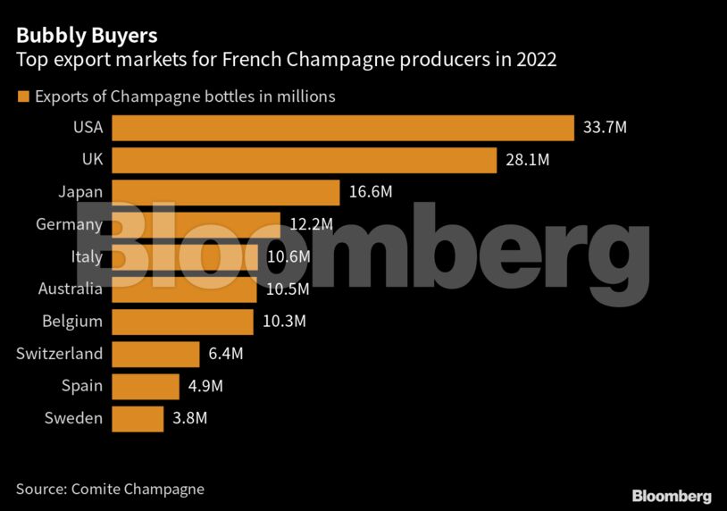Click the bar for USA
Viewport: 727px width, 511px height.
click(343, 128)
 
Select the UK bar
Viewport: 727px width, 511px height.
click(305, 160)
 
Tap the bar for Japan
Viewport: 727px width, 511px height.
click(226, 192)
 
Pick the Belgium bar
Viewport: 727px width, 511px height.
click(183, 322)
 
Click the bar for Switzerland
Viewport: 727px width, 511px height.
click(156, 354)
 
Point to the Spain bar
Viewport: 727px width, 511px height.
click(146, 386)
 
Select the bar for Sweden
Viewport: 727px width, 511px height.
click(138, 418)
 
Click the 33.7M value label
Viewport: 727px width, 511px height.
click(605, 128)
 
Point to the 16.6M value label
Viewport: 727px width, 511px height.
click(371, 192)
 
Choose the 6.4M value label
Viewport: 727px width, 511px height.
click(226, 354)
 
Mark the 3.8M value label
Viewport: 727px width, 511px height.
click(190, 418)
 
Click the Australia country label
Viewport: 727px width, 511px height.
click(71, 289)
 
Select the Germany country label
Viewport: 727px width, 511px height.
click(69, 224)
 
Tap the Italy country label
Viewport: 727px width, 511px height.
click(88, 257)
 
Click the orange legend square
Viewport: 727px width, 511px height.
click(22, 96)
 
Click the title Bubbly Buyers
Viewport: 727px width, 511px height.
click(86, 36)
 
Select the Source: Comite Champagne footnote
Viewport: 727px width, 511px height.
click(110, 489)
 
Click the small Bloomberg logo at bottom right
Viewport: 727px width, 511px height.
click(671, 496)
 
